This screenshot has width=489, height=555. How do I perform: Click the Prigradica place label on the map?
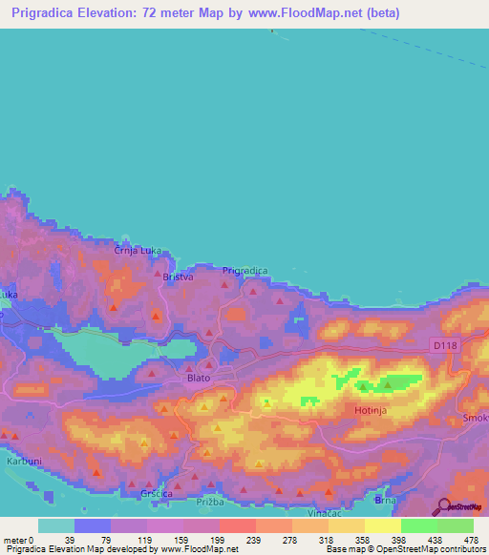point(244,271)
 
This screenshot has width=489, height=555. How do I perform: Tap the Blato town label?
point(198,378)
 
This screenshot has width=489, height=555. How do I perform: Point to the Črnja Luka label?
point(135,251)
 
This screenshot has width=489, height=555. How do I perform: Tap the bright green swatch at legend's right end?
point(456,525)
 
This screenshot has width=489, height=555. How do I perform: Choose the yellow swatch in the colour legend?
point(382,525)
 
